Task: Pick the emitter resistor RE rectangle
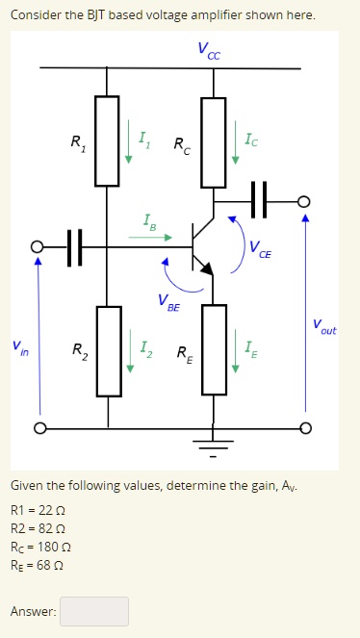coord(213,349)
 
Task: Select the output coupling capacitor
coord(258,201)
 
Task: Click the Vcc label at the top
coord(208,49)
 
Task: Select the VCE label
coord(259,253)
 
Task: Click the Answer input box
coord(94,611)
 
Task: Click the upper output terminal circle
coord(305,201)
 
